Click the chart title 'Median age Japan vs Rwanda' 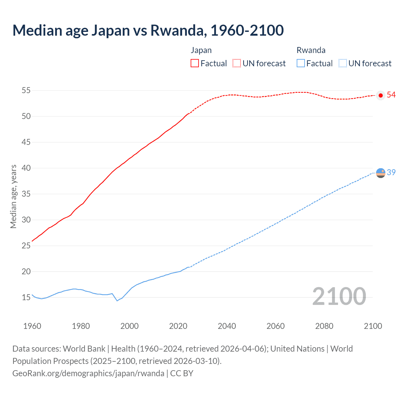pyautogui.click(x=148, y=30)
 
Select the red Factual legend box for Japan pyautogui.click(x=195, y=63)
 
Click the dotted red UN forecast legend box pyautogui.click(x=237, y=63)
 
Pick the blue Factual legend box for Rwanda pyautogui.click(x=301, y=63)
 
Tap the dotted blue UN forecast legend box pyautogui.click(x=343, y=63)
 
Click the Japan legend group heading pyautogui.click(x=201, y=50)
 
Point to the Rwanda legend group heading pyautogui.click(x=311, y=50)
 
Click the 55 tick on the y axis pyautogui.click(x=26, y=91)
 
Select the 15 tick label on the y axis pyautogui.click(x=26, y=298)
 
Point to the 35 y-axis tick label pyautogui.click(x=26, y=194)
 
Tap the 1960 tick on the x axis pyautogui.click(x=32, y=326)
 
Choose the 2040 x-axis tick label pyautogui.click(x=227, y=326)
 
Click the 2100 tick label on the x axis pyautogui.click(x=373, y=326)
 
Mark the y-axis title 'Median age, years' pyautogui.click(x=13, y=196)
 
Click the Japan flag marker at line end pyautogui.click(x=381, y=95)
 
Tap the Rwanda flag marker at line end pyautogui.click(x=381, y=173)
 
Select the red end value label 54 pyautogui.click(x=391, y=95)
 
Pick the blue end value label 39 pyautogui.click(x=391, y=172)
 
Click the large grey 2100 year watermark pyautogui.click(x=339, y=297)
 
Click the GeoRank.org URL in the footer pyautogui.click(x=88, y=373)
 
